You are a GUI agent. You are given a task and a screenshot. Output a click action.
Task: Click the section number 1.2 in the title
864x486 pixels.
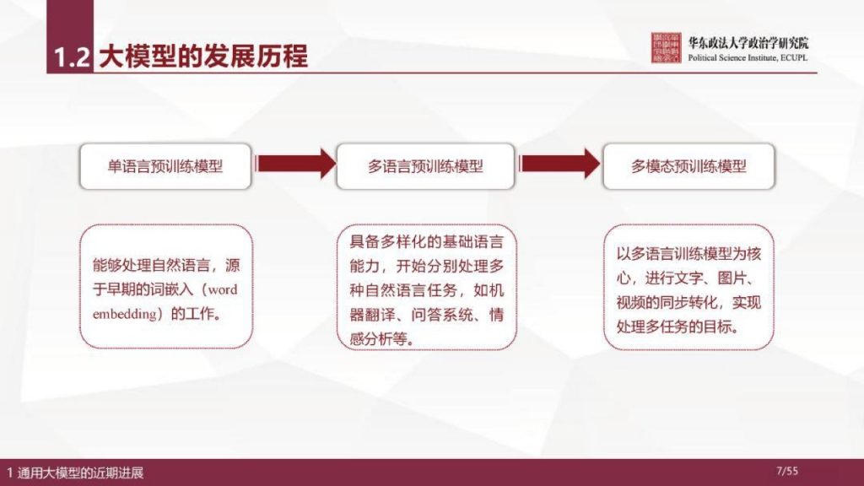[71, 57]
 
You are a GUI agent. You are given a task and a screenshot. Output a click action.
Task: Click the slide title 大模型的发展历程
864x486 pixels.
[203, 56]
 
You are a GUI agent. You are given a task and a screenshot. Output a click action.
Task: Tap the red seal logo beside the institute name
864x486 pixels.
[667, 48]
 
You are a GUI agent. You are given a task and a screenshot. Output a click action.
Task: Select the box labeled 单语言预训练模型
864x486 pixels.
[165, 166]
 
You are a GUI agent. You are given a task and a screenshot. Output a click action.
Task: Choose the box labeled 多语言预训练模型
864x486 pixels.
[425, 166]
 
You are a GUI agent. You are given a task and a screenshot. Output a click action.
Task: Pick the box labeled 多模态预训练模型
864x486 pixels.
[688, 166]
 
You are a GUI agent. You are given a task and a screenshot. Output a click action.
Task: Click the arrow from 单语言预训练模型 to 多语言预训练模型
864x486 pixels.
[294, 162]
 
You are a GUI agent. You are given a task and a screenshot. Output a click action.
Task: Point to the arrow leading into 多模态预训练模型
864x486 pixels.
[559, 162]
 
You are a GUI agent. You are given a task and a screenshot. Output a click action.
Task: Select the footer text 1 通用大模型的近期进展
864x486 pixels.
[75, 472]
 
